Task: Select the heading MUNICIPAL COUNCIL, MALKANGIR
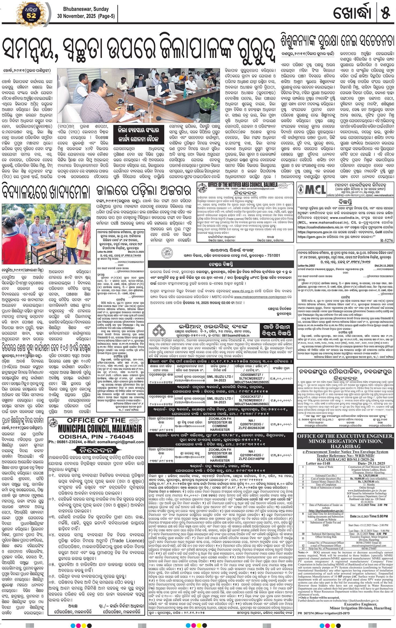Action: [100, 428]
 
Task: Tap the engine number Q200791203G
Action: [251, 424]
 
